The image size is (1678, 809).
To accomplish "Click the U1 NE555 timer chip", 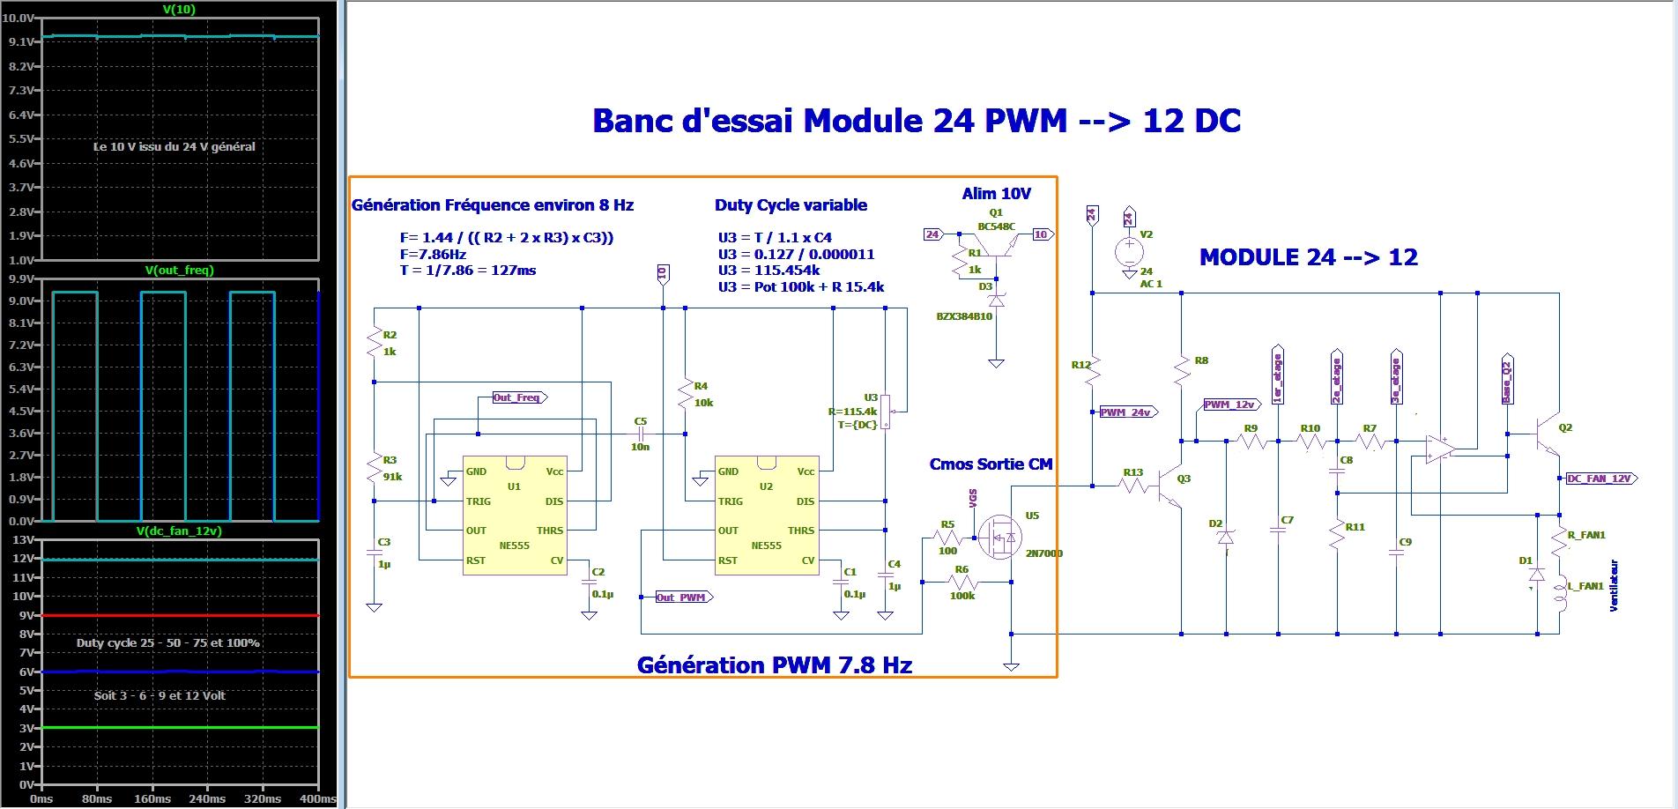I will point(515,516).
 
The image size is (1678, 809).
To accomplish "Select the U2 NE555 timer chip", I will point(766,516).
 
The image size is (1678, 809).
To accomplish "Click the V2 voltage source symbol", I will point(1128,252).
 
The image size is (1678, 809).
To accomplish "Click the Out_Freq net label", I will point(518,397).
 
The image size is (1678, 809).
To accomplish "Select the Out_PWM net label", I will point(682,597).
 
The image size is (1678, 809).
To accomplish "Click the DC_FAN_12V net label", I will point(1599,479).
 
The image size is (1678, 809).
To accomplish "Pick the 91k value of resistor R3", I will point(392,477).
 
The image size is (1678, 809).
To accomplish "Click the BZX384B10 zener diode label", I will point(964,315).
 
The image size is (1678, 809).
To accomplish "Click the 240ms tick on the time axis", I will point(207,798).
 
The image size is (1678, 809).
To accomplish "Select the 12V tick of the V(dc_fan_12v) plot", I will point(26,559).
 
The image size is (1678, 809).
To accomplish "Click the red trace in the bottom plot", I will point(176,615).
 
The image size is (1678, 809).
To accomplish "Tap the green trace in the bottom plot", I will point(176,727).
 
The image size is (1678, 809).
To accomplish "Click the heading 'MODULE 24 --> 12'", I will point(1308,257).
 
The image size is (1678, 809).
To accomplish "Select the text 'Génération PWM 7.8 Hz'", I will point(774,664).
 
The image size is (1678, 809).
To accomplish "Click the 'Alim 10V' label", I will point(996,193).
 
